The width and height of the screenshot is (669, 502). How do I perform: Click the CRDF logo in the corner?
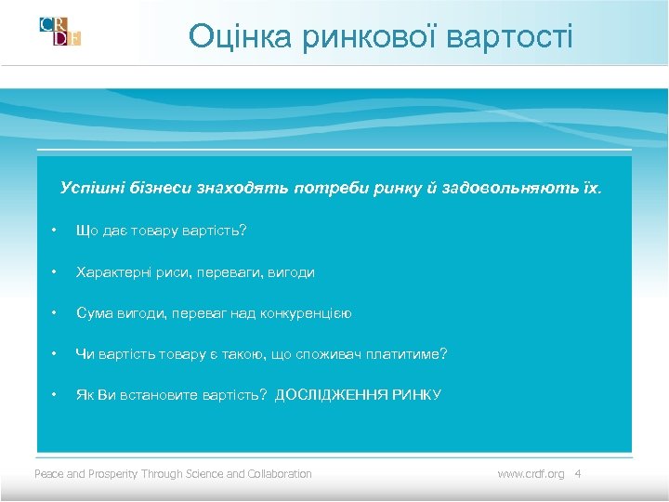[x=60, y=31]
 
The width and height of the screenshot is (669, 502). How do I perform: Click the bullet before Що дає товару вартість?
[x=56, y=230]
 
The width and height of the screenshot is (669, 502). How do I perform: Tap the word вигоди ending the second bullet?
[x=291, y=272]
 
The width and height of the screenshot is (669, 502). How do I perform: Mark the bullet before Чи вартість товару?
[x=56, y=354]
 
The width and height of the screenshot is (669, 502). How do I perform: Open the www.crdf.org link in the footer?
[x=531, y=474]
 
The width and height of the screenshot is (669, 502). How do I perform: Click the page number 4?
[x=578, y=474]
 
